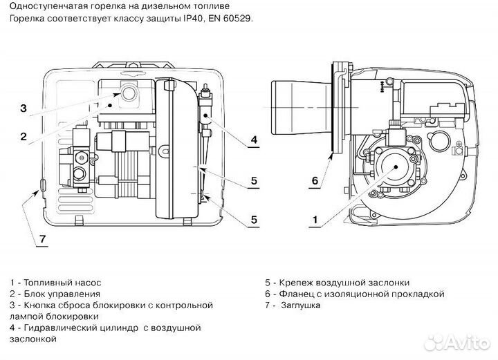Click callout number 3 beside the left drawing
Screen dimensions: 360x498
click(23, 108)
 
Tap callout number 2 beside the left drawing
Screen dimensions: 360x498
click(23, 137)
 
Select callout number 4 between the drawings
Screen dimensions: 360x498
click(254, 140)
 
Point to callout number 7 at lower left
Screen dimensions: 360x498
click(41, 239)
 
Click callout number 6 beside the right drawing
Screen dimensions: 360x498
click(315, 181)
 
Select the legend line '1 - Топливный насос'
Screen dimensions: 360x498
click(55, 283)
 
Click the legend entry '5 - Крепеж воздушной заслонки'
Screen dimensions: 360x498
click(337, 283)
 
